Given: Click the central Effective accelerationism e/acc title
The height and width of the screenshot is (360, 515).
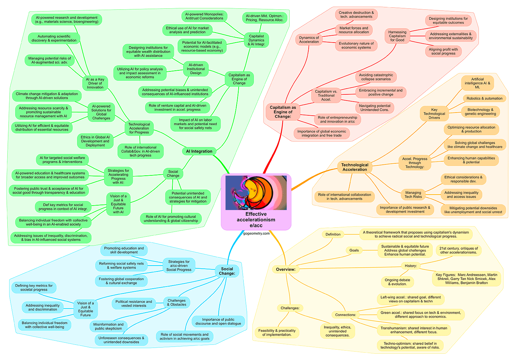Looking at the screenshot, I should tap(256, 220).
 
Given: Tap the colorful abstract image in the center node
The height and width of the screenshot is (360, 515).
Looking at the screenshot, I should tap(256, 193).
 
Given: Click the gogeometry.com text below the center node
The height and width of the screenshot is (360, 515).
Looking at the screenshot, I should tap(256, 233).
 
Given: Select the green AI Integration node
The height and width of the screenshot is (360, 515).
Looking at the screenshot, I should tap(199, 151).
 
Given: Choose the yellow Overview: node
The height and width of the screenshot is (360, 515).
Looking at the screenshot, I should tap(286, 269).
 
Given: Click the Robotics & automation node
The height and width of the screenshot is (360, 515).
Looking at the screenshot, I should tap(484, 98).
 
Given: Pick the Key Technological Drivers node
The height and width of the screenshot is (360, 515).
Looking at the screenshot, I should tap(434, 114).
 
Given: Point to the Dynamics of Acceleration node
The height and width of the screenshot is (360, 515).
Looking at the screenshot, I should tap(309, 40).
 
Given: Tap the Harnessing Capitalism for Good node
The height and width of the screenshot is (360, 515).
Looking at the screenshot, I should tap(397, 36).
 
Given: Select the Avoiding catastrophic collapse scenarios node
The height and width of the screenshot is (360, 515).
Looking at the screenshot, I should tap(376, 77).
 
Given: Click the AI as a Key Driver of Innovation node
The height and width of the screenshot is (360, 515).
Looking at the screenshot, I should tap(95, 83).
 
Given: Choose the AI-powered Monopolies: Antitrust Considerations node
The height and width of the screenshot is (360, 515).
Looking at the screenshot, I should tap(204, 16).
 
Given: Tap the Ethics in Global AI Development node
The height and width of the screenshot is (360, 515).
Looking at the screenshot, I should tap(95, 141).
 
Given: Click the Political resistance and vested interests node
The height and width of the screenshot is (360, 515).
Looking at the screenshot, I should tap(134, 304).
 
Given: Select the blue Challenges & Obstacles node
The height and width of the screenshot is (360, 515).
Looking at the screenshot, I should tap(176, 302).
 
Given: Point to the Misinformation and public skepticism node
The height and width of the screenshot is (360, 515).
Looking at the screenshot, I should tap(108, 326).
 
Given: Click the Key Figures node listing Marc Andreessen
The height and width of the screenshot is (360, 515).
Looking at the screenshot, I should tap(466, 279).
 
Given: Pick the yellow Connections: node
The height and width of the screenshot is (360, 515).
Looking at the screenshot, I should tap(345, 315).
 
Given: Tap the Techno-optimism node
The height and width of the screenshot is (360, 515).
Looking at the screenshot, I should tap(410, 345).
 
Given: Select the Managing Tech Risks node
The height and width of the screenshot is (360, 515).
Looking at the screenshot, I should tap(413, 195).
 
